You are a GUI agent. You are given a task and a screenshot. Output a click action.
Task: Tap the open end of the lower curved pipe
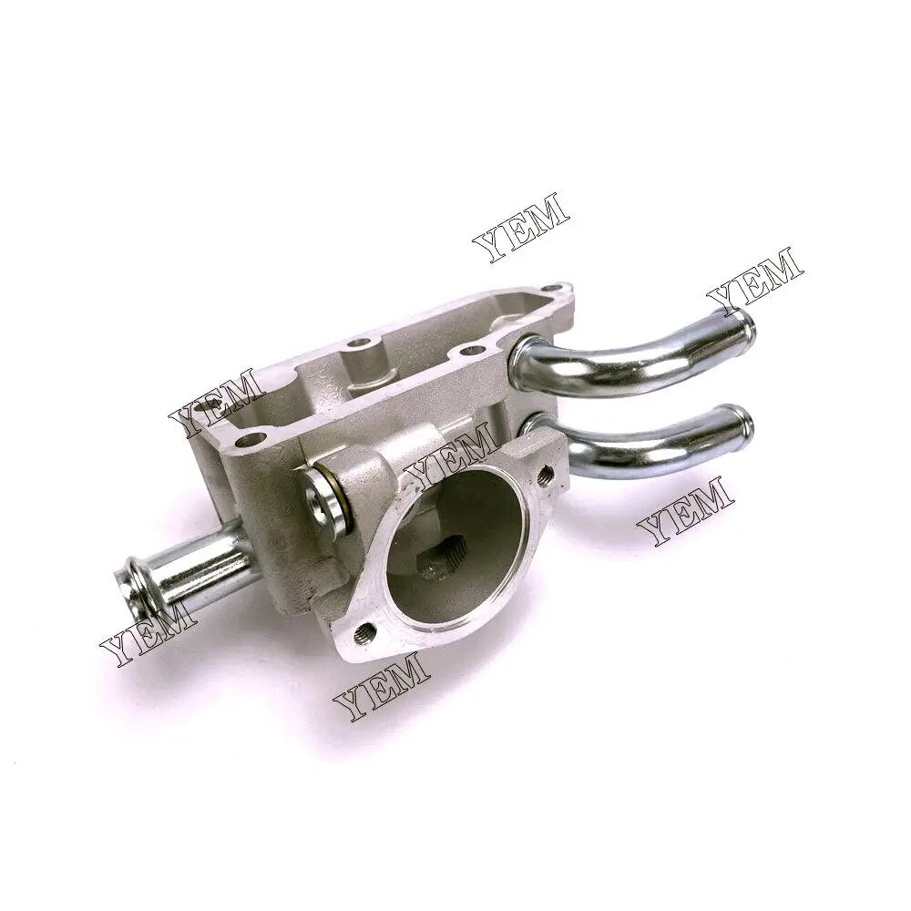click(x=742, y=420)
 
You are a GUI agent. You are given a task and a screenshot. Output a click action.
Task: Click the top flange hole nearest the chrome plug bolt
click(x=258, y=440)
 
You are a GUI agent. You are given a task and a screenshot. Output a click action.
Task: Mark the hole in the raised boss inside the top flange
click(x=363, y=345)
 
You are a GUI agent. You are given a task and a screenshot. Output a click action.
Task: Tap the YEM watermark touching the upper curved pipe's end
click(x=754, y=279)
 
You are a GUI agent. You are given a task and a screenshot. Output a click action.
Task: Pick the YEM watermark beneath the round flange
click(x=382, y=686)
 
